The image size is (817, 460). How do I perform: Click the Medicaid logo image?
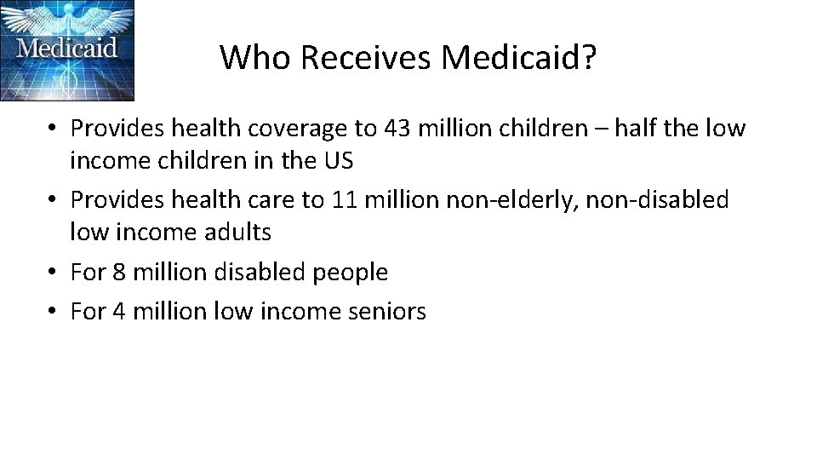67,50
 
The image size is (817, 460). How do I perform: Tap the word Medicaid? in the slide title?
520,57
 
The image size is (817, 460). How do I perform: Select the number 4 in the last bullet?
118,312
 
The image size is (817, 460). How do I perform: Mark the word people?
351,273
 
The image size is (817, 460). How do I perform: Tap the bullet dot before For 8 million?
53,273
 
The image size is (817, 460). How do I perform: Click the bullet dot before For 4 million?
53,313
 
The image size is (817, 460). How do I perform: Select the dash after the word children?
602,129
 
